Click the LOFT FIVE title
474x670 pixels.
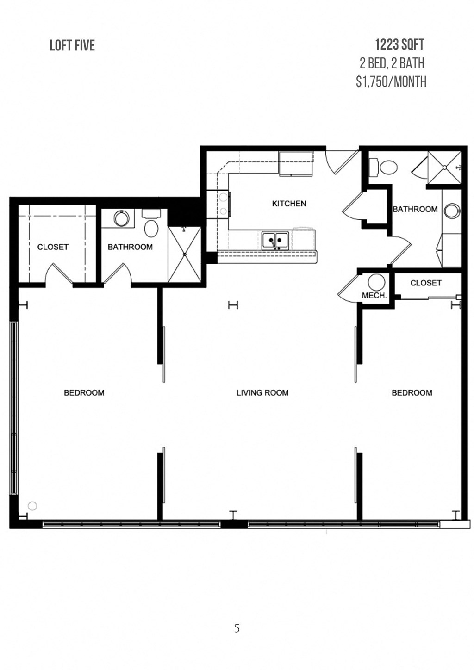pyautogui.click(x=72, y=45)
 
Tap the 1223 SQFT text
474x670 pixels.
pyautogui.click(x=399, y=44)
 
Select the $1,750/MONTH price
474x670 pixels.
pyautogui.click(x=391, y=81)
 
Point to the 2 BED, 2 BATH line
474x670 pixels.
pyautogui.click(x=392, y=63)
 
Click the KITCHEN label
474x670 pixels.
pyautogui.click(x=289, y=204)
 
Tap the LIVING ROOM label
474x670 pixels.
pyautogui.click(x=262, y=393)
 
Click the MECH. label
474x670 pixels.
pyautogui.click(x=374, y=295)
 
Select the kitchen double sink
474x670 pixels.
pyautogui.click(x=275, y=241)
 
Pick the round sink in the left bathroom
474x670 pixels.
pyautogui.click(x=122, y=218)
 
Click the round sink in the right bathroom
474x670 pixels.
pyautogui.click(x=452, y=211)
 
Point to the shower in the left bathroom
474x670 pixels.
pyautogui.click(x=184, y=254)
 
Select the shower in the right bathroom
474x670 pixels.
pyautogui.click(x=444, y=167)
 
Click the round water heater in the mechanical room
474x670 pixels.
pyautogui.click(x=377, y=282)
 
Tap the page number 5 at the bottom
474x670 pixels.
pyautogui.click(x=237, y=628)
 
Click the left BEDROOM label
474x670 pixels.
pyautogui.click(x=84, y=393)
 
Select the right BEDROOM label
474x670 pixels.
pyautogui.click(x=412, y=393)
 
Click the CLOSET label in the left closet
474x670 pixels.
pyautogui.click(x=53, y=247)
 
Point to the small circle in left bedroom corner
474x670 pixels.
pyautogui.click(x=32, y=506)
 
